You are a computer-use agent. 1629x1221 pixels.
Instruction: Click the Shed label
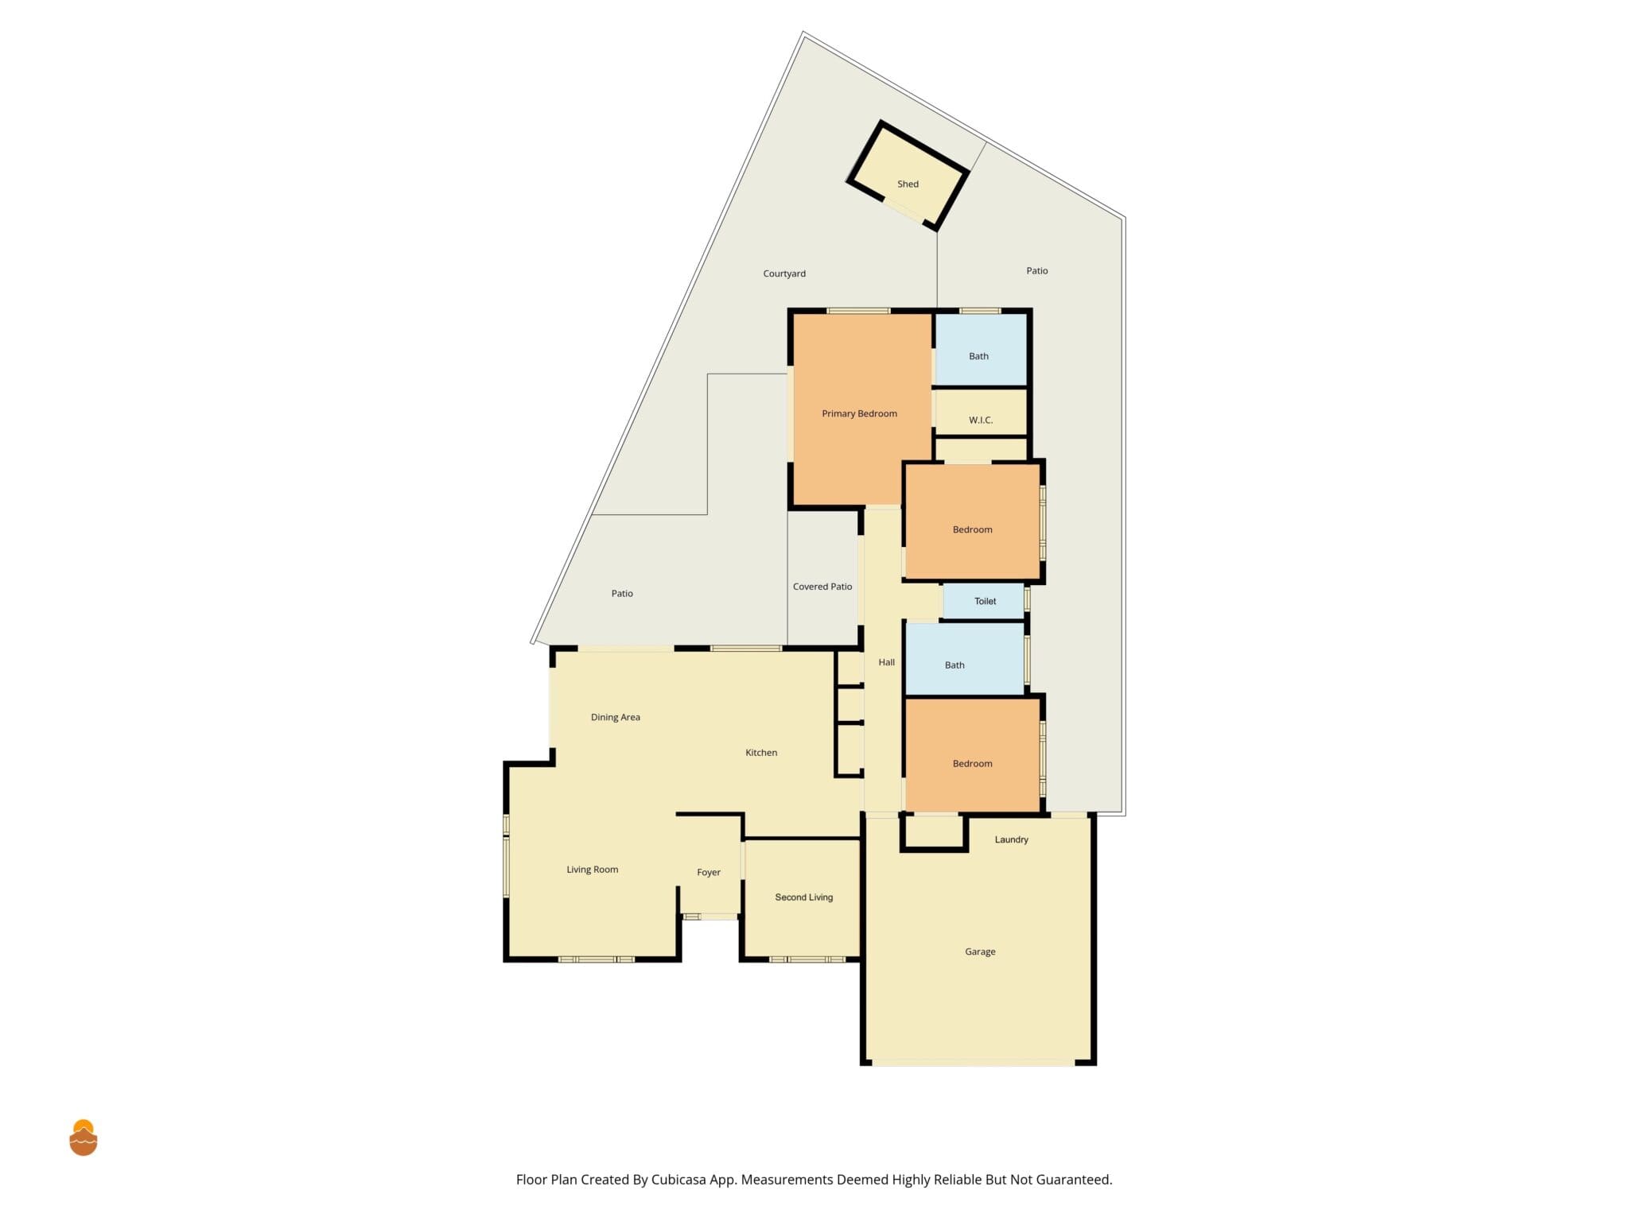click(908, 184)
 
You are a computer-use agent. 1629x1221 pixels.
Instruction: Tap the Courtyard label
click(784, 273)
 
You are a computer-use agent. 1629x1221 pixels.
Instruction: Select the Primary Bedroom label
click(859, 413)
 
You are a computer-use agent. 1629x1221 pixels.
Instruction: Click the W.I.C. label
click(981, 420)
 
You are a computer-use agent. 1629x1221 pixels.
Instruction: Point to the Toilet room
click(983, 601)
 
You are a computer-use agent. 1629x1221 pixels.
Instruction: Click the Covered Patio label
click(822, 587)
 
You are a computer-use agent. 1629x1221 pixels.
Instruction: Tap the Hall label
click(886, 662)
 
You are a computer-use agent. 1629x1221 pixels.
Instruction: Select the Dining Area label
click(615, 717)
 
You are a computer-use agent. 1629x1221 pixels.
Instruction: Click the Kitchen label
click(761, 753)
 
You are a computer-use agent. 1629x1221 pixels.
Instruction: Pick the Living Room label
click(592, 870)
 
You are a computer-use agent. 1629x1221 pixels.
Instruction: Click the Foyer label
click(709, 872)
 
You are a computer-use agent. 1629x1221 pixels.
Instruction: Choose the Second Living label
click(804, 897)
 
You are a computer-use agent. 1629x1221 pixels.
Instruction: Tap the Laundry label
click(1011, 839)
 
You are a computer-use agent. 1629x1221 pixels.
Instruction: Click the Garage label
click(980, 952)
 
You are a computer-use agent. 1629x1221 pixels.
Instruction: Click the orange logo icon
click(84, 1138)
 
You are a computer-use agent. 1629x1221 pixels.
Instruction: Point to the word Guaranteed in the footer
click(1071, 1180)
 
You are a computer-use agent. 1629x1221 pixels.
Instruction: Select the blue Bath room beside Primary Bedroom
click(981, 350)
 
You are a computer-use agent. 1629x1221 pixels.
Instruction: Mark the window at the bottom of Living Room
click(597, 959)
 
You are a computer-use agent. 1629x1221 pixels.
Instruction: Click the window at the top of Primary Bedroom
click(858, 311)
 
